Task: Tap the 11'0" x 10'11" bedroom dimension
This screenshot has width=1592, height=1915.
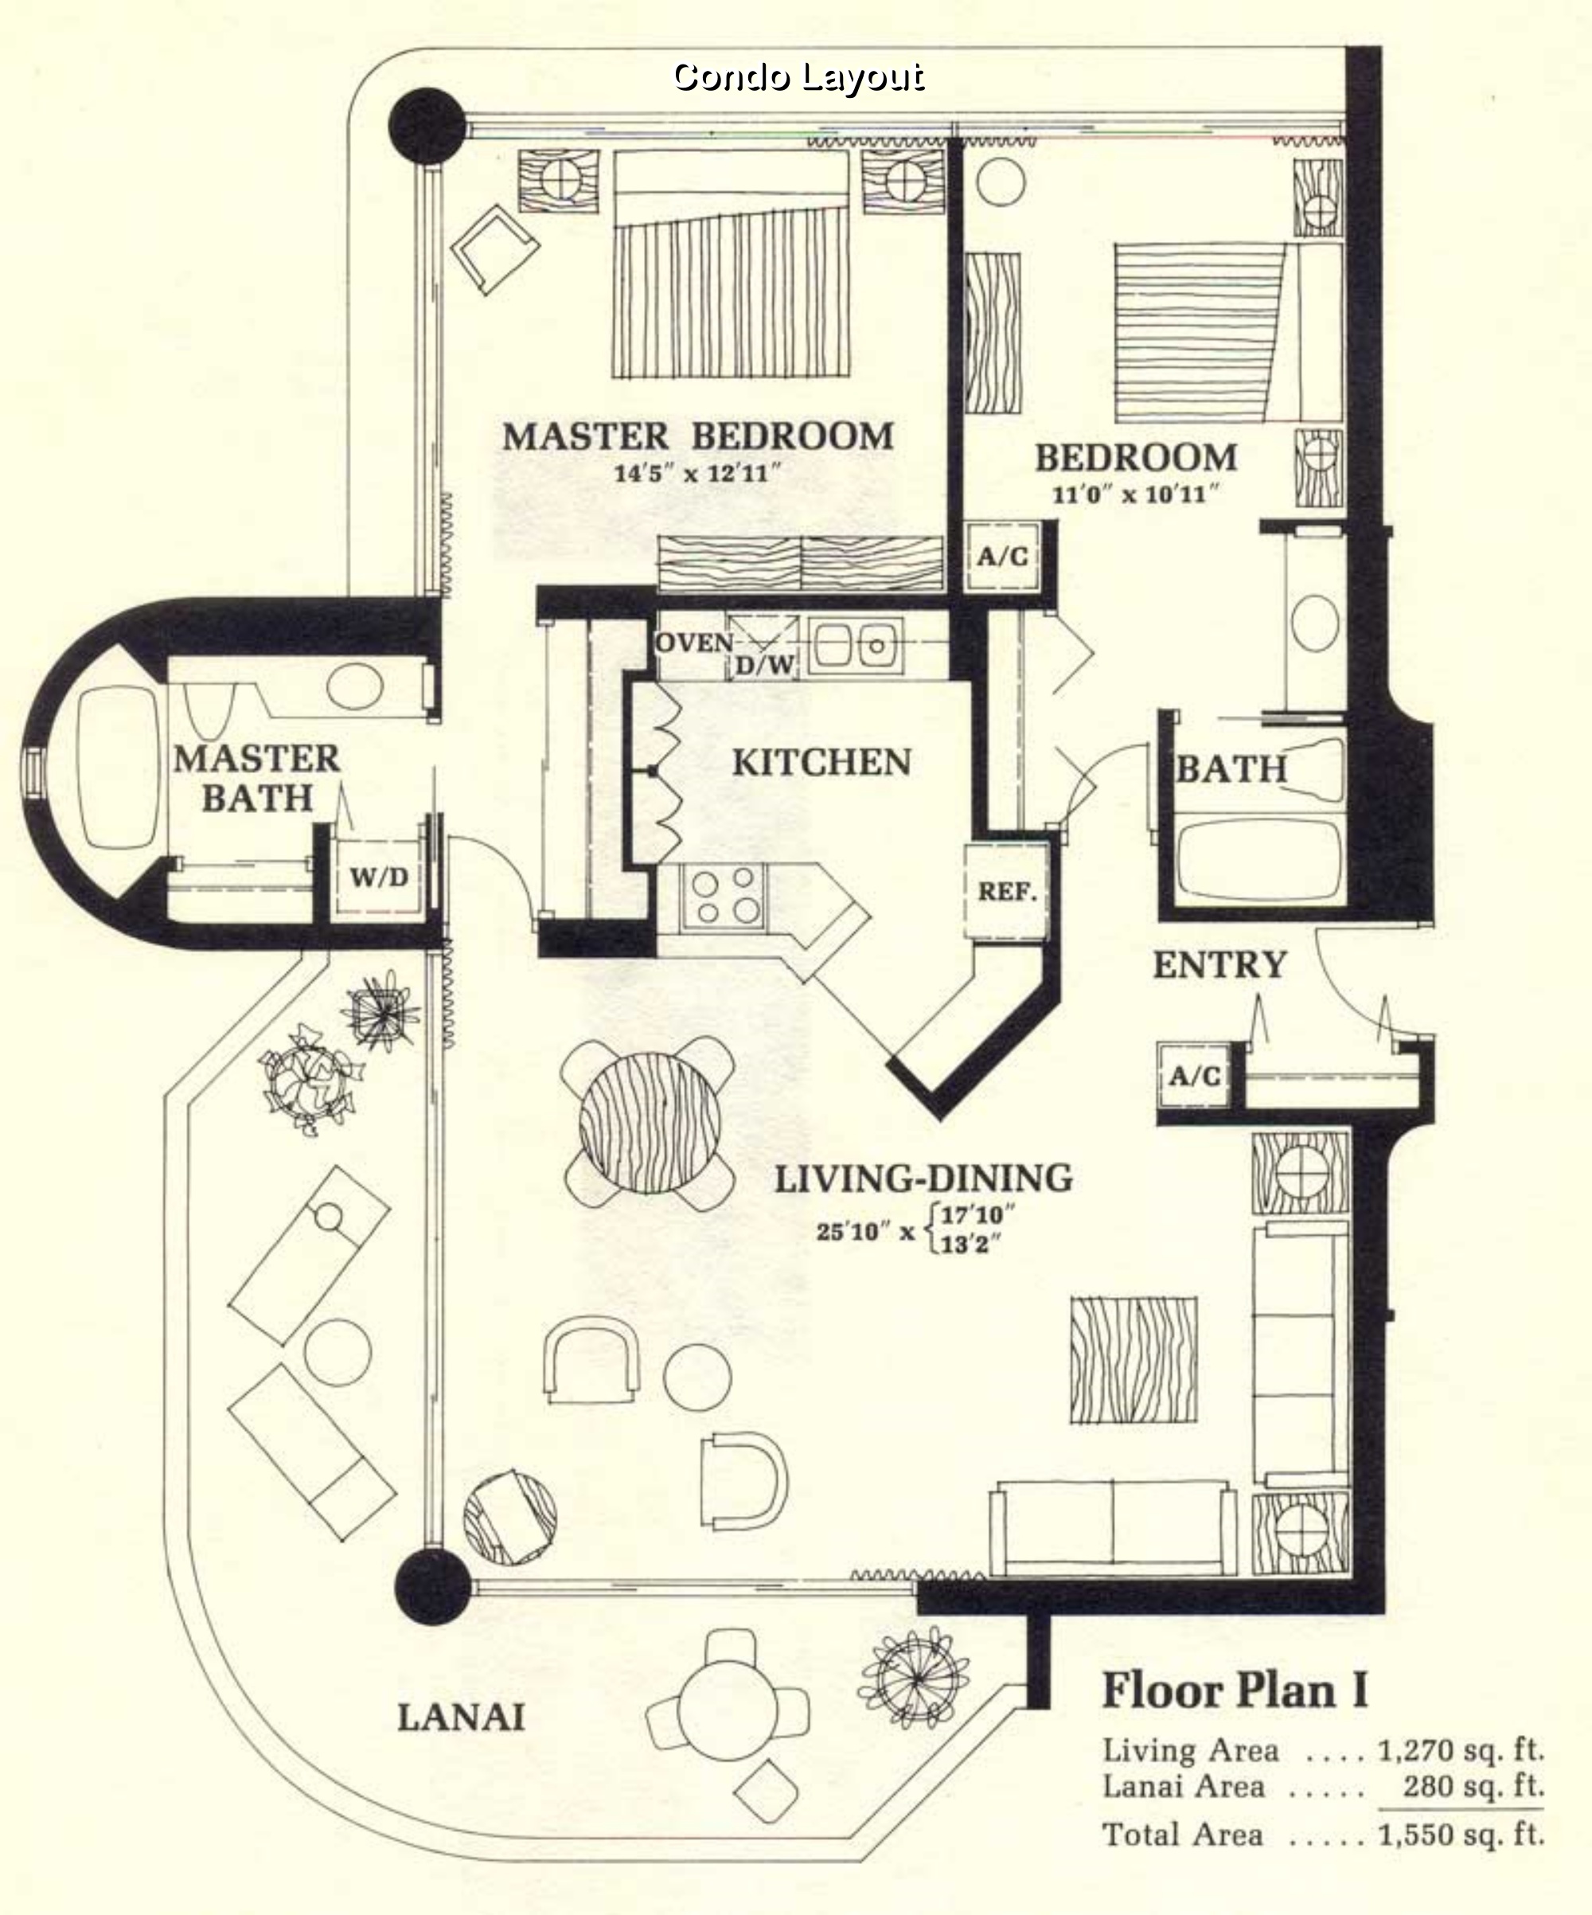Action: pos(1135,495)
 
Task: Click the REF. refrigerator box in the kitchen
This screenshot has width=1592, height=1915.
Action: pos(1008,891)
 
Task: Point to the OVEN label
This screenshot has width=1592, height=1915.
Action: pos(694,643)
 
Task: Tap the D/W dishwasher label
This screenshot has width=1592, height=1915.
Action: pos(765,666)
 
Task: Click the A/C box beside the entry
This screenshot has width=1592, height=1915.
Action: pos(1193,1076)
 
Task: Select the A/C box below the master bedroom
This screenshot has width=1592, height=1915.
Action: pos(1002,555)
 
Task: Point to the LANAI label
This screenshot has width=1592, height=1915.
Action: pos(460,1718)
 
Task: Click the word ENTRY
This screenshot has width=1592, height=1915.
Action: pos(1219,965)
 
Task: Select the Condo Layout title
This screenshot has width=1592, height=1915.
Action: pos(798,76)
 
